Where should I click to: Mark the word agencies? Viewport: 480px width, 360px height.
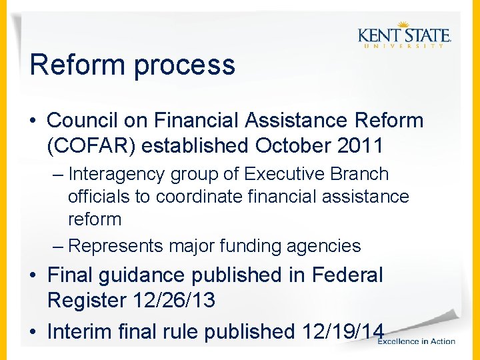click(x=323, y=247)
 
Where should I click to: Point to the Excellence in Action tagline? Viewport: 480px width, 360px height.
click(x=417, y=341)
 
